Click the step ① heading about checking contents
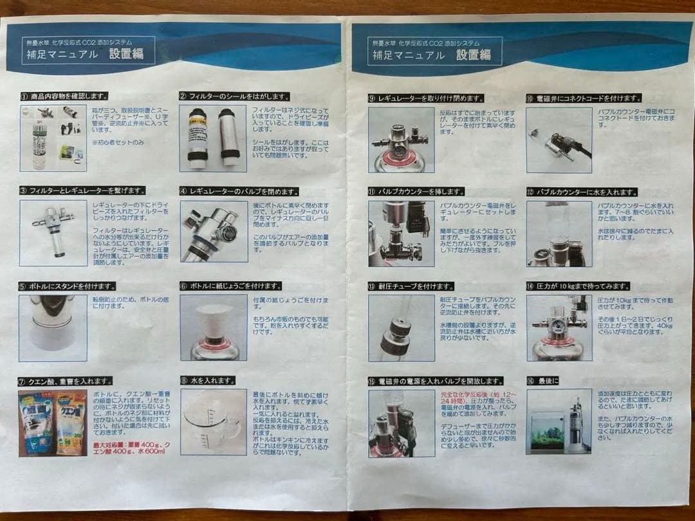point(64,96)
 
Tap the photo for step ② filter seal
point(212,138)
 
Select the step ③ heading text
point(83,190)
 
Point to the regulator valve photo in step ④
point(214,232)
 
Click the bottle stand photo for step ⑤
point(53,327)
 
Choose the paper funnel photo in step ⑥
point(214,327)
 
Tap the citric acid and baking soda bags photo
point(53,423)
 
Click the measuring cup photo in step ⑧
point(214,421)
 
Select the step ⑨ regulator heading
point(426,98)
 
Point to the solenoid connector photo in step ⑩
point(559,140)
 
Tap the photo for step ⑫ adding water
point(559,233)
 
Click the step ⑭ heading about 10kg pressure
point(578,286)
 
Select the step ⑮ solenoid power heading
point(436,381)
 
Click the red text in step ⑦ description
point(129,446)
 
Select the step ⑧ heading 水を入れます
point(208,381)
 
